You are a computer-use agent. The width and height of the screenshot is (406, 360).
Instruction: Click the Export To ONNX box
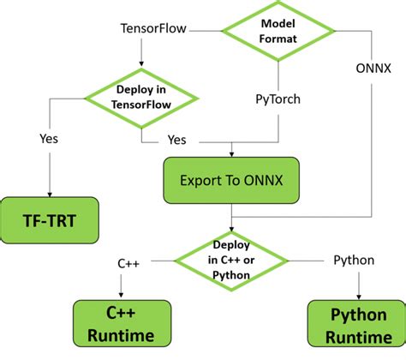click(231, 181)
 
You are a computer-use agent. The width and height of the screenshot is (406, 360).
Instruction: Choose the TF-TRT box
click(49, 220)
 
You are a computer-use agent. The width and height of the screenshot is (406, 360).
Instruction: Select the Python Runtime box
click(355, 324)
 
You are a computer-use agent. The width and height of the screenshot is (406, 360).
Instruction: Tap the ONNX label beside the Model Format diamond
click(374, 68)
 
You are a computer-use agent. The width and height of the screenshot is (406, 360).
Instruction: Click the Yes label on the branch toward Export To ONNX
click(177, 138)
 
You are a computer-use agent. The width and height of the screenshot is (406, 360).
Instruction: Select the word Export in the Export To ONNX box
click(200, 181)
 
